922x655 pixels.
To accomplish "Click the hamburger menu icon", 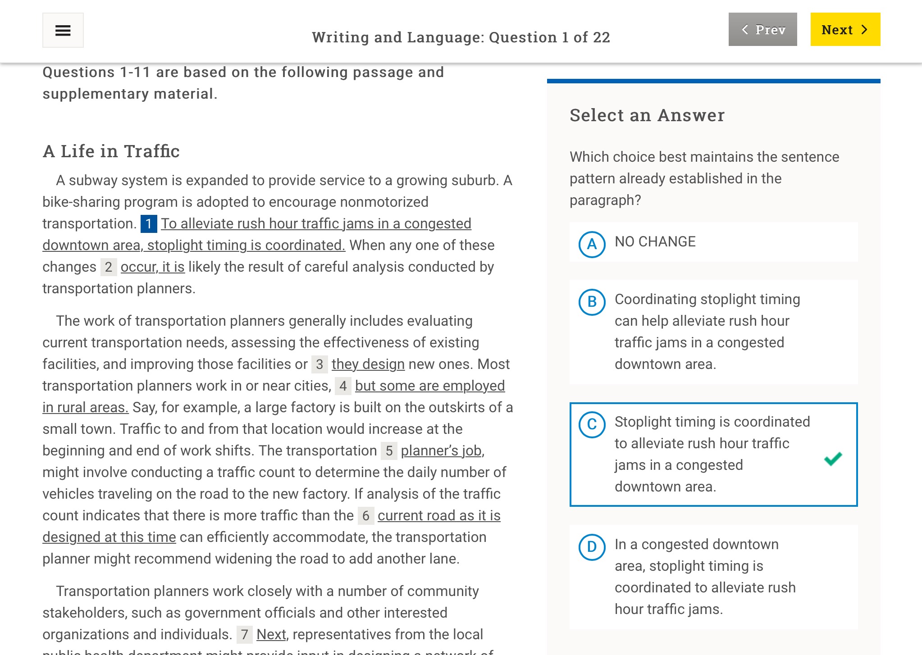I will pyautogui.click(x=63, y=30).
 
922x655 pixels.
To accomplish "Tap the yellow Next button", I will pyautogui.click(x=845, y=30).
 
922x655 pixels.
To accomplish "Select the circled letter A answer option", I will pyautogui.click(x=592, y=244).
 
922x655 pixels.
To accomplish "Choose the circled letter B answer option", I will pyautogui.click(x=592, y=302).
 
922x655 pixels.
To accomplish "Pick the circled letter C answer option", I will pyautogui.click(x=592, y=424).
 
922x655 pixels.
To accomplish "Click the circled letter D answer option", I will pyautogui.click(x=592, y=547).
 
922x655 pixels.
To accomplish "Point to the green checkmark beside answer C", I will pyautogui.click(x=833, y=459).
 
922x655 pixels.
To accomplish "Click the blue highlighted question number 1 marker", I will pyautogui.click(x=149, y=224).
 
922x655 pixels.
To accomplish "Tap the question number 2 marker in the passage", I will pyautogui.click(x=109, y=267).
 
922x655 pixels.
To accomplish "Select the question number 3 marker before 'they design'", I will pyautogui.click(x=320, y=364).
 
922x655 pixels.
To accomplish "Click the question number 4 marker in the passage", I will pyautogui.click(x=343, y=386).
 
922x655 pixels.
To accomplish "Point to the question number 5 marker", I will pyautogui.click(x=389, y=451).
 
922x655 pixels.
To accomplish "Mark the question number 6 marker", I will pyautogui.click(x=366, y=516).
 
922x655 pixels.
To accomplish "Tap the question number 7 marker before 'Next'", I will pyautogui.click(x=245, y=635).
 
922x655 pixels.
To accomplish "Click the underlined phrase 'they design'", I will pyautogui.click(x=368, y=364).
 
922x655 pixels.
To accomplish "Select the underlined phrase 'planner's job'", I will pyautogui.click(x=441, y=450).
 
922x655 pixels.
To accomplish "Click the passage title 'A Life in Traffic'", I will pyautogui.click(x=111, y=151).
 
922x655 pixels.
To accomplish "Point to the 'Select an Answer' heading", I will pyautogui.click(x=647, y=115).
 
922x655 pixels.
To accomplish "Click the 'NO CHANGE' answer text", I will pyautogui.click(x=655, y=241).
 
